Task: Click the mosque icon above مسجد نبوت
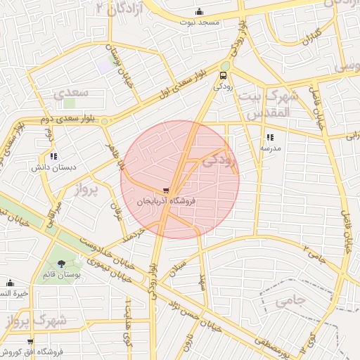200,11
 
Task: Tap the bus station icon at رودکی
224,75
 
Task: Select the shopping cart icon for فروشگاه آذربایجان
165,190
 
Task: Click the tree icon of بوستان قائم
63,264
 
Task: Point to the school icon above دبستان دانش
53,157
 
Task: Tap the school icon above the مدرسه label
270,138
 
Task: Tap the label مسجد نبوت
200,22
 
